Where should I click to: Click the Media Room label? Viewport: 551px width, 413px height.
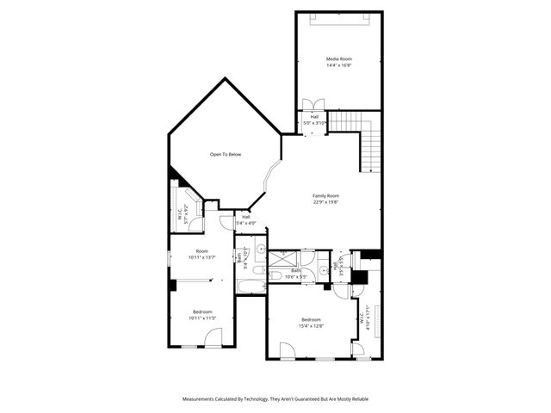click(x=338, y=59)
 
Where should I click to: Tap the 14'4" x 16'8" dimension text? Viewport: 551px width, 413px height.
click(x=338, y=65)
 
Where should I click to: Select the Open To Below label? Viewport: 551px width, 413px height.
click(x=226, y=154)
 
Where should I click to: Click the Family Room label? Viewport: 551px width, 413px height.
click(x=325, y=196)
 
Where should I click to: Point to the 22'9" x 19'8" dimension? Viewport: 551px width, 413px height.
click(x=325, y=203)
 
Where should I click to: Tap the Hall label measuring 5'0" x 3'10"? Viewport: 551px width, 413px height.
click(x=314, y=116)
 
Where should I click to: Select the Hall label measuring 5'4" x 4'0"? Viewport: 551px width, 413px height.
click(x=245, y=217)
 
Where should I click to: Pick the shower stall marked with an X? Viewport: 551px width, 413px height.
click(x=282, y=257)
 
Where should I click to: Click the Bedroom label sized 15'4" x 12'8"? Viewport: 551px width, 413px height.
click(x=311, y=319)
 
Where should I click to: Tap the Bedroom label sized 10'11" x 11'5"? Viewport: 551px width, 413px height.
click(x=201, y=311)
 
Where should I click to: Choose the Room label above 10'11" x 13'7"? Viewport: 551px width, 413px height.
click(x=201, y=250)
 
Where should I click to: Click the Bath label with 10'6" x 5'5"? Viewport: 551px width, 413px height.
click(x=295, y=270)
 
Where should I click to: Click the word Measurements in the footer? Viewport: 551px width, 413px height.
click(x=201, y=399)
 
